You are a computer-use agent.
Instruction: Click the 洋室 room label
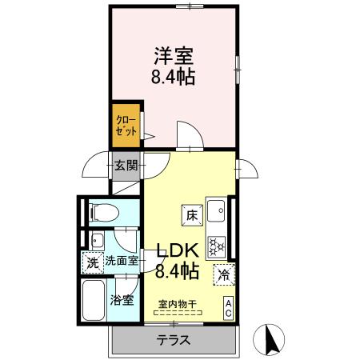tap(174, 57)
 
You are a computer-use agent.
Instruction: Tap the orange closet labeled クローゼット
tap(126, 126)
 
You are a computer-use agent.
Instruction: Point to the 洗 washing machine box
tap(92, 262)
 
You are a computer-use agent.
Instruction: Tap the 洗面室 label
tap(122, 261)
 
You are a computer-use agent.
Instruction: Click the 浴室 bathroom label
tap(122, 301)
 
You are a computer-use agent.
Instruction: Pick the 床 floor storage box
tap(193, 214)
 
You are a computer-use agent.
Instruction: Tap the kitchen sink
tap(217, 211)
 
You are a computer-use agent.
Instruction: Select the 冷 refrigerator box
tap(223, 274)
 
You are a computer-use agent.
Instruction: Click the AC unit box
tap(228, 307)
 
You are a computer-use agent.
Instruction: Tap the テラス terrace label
tap(174, 339)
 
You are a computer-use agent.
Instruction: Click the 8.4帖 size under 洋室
tap(174, 78)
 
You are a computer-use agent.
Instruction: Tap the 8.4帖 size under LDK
tap(177, 271)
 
